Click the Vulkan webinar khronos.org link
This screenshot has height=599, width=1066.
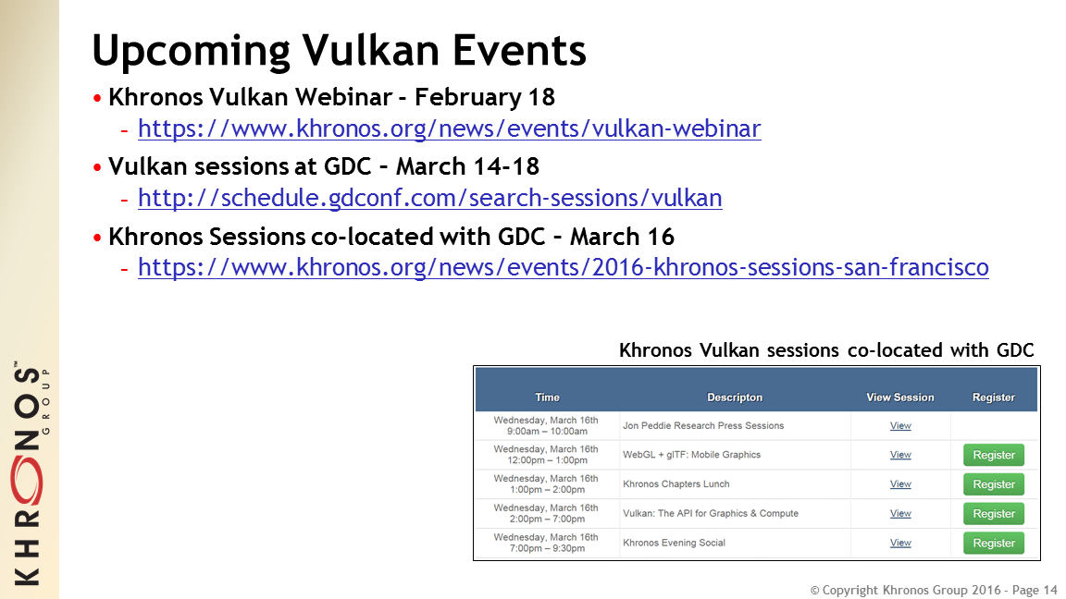450,128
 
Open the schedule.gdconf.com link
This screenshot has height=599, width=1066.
429,198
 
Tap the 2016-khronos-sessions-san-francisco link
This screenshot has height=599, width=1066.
563,267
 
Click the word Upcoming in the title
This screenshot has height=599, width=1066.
192,52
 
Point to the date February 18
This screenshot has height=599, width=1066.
485,97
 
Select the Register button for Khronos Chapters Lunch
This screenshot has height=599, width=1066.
993,484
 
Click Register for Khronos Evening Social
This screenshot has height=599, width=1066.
993,544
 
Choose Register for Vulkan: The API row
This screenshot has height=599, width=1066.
993,514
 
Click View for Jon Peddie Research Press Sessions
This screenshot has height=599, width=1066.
900,426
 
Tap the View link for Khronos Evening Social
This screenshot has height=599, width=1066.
900,543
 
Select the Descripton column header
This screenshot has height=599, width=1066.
734,397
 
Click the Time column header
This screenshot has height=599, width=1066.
547,397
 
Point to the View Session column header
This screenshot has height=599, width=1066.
900,397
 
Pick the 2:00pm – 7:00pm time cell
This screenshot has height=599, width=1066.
547,513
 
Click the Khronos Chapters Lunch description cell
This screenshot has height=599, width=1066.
676,484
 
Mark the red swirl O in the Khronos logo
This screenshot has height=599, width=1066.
27,480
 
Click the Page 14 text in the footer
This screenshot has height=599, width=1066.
1035,590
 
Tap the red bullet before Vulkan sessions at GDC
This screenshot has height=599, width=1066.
97,167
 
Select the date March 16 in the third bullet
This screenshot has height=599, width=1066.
622,237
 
